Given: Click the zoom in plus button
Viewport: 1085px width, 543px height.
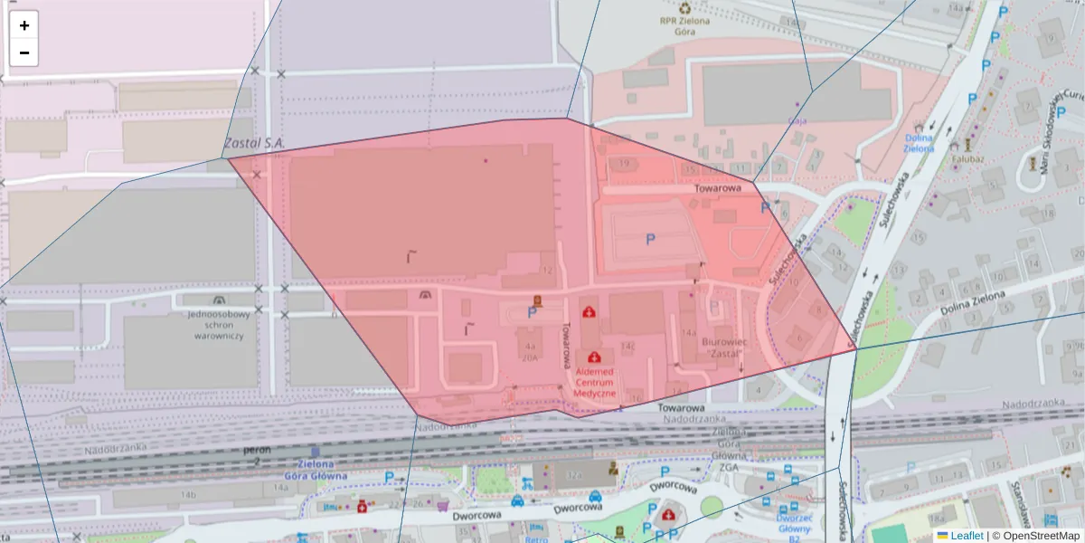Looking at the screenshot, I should (24, 25).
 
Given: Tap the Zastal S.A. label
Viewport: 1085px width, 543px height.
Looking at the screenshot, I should (254, 143).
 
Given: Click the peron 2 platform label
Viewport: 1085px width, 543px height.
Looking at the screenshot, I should (257, 455).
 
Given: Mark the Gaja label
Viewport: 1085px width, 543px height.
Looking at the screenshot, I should (797, 119).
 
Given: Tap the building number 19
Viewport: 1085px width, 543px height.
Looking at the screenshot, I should (625, 163).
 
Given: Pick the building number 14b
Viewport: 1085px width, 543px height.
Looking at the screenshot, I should (188, 495).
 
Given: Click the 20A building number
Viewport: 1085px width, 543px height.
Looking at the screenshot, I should (529, 357).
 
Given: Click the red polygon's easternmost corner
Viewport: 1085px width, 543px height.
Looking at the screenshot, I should (856, 348).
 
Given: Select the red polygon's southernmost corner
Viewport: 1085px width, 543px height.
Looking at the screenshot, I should (418, 417).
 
